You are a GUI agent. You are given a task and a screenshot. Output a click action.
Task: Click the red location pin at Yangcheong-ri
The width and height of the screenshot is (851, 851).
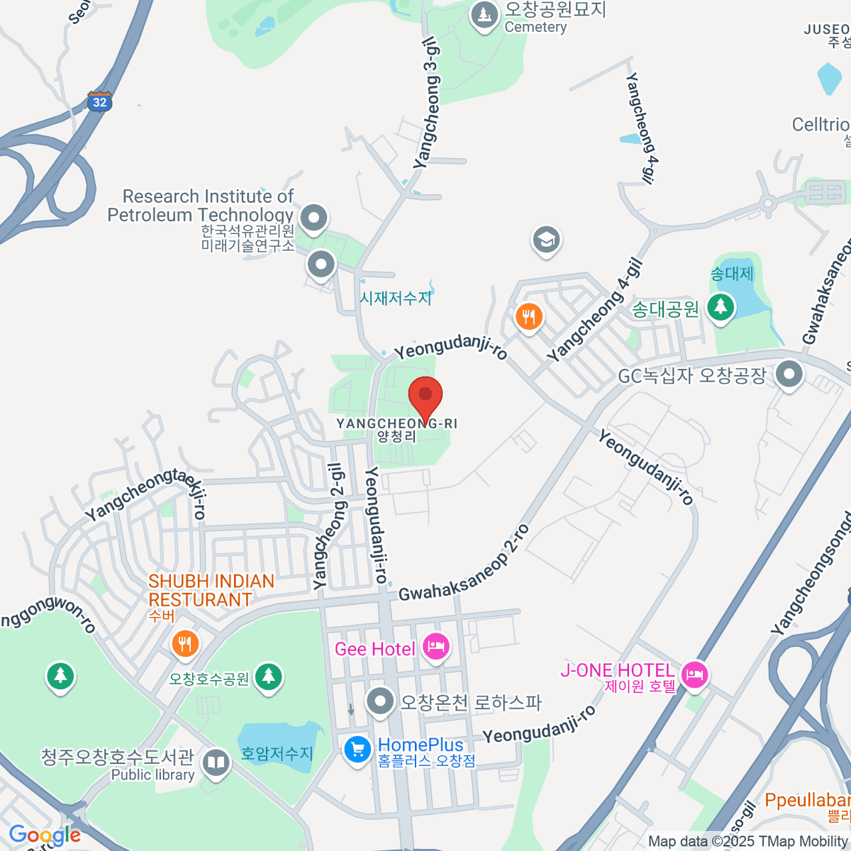(x=425, y=396)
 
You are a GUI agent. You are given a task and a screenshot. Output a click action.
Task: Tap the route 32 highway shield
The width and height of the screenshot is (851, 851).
(x=99, y=101)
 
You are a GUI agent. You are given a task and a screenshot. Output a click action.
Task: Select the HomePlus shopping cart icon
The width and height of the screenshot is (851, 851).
(x=357, y=749)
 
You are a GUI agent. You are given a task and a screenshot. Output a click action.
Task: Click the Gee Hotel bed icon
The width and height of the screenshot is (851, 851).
(x=435, y=647)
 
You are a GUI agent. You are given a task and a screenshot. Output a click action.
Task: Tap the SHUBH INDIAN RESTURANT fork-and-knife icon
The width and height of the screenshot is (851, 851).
(x=185, y=643)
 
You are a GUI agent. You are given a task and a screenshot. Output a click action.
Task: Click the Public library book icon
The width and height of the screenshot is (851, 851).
(x=216, y=763)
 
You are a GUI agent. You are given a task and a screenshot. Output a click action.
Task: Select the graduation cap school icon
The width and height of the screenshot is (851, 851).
(x=546, y=240)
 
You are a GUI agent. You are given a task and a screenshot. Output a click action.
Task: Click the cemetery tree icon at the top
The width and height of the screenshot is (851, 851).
(x=484, y=14)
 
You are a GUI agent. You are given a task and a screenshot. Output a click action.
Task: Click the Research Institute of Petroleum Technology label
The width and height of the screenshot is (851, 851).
(x=201, y=206)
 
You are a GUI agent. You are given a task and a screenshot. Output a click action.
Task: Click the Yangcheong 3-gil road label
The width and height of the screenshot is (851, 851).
(x=428, y=104)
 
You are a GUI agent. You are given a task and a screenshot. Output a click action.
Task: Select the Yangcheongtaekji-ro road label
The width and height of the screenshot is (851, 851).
(x=145, y=494)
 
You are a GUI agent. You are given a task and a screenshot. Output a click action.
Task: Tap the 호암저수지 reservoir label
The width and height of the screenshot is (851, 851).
(x=277, y=753)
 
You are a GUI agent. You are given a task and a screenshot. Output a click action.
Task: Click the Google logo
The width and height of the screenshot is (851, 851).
(x=44, y=835)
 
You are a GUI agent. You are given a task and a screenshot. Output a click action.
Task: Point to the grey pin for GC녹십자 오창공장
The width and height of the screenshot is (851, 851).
(x=789, y=374)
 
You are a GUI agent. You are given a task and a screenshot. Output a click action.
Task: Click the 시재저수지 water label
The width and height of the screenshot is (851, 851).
(x=395, y=298)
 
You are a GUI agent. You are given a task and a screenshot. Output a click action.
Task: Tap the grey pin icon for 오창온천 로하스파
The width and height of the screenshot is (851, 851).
(x=381, y=702)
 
